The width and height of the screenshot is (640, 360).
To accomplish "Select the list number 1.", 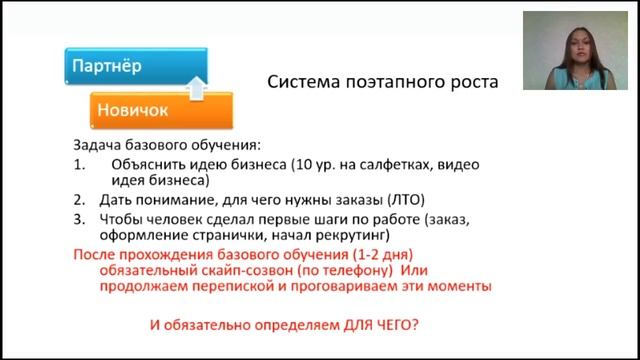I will click(79, 164).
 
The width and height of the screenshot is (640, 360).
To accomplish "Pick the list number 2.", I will click(79, 200).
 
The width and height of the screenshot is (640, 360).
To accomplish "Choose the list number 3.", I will click(79, 219).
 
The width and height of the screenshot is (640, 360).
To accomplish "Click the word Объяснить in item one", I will click(148, 164).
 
